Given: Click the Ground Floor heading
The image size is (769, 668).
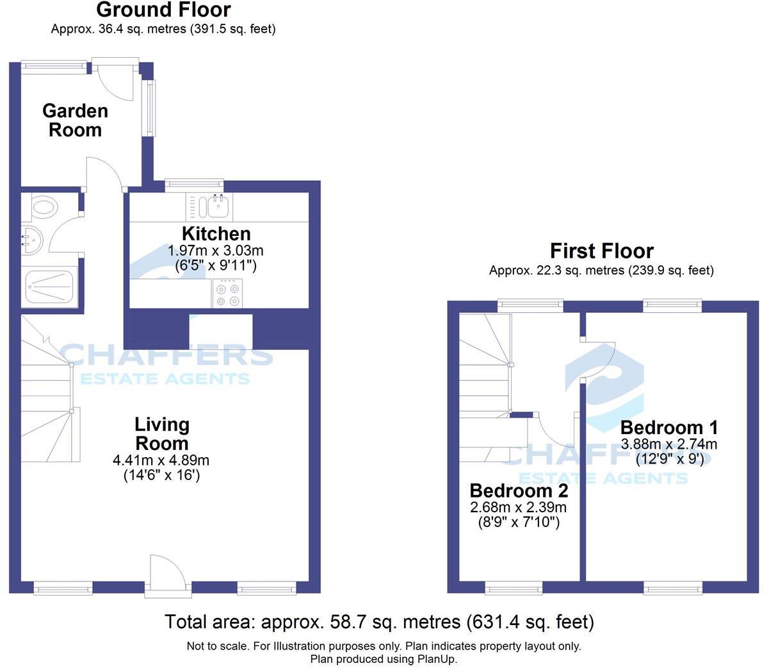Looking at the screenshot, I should [x=163, y=10].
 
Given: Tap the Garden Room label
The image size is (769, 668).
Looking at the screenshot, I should [x=75, y=120].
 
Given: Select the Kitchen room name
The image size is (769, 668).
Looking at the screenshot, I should [x=216, y=233].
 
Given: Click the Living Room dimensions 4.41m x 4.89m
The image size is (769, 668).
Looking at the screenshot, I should [x=161, y=460].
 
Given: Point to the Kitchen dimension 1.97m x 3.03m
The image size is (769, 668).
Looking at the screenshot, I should [x=215, y=250].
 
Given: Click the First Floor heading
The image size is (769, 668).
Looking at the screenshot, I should [x=601, y=251].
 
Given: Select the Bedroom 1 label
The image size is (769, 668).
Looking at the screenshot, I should [x=668, y=427].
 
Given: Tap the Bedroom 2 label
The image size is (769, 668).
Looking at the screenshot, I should [x=519, y=490].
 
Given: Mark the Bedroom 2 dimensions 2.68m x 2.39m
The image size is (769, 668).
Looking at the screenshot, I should [x=519, y=508].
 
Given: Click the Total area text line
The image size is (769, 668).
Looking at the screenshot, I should [x=379, y=622].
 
